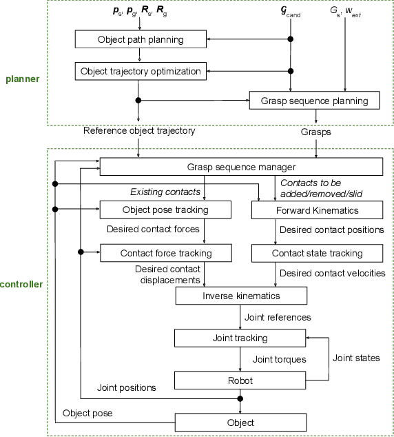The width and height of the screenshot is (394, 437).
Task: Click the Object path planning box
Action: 141,39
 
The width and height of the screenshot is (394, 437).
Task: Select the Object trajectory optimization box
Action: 141,70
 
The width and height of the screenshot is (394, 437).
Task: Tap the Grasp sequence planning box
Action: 315,101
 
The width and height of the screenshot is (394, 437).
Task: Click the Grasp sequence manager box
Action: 241,167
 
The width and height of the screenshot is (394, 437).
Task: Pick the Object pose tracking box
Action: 166,209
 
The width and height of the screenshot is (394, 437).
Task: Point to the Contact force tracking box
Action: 166,253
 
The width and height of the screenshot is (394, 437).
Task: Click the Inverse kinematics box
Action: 241,296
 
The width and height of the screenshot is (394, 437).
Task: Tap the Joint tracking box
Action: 240,338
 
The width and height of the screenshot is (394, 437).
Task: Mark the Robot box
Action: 240,380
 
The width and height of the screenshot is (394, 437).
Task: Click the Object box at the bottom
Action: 240,422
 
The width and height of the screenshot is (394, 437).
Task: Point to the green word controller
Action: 21,283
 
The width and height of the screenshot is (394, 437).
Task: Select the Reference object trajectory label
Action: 139,130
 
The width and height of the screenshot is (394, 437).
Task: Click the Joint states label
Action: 355,358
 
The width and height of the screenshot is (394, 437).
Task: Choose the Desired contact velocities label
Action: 332,274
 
